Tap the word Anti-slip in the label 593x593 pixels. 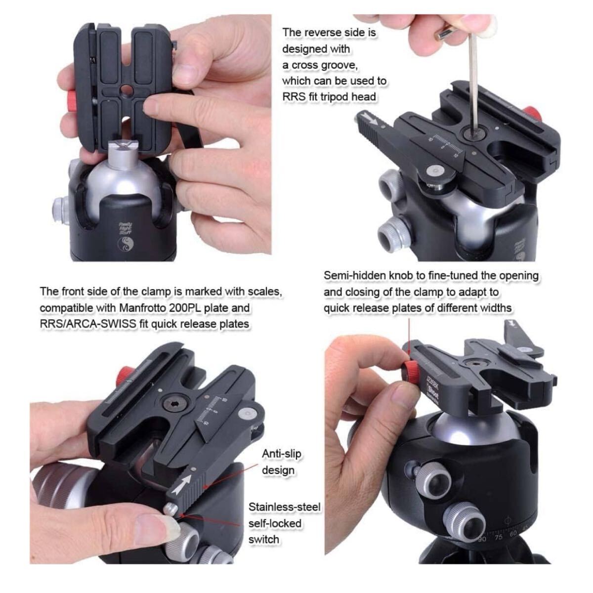click(282, 454)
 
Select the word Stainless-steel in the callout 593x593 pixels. click(285, 507)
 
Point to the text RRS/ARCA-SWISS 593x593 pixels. click(88, 324)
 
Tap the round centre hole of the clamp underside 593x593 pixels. click(126, 89)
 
